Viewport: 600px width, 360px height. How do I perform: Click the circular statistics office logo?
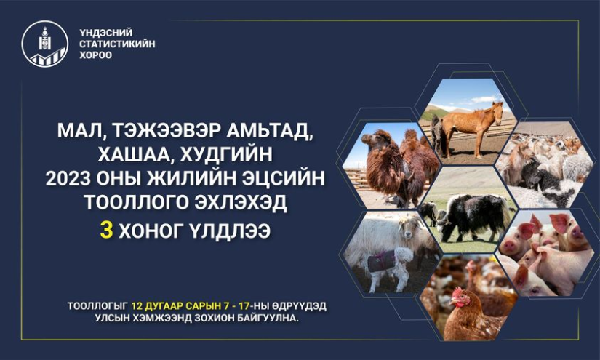point(45,44)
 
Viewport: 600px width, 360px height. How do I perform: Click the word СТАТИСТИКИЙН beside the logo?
point(117,44)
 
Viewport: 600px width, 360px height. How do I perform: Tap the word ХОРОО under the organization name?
point(96,55)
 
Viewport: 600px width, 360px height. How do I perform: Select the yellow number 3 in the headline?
point(106,231)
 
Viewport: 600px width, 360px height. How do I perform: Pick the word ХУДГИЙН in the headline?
point(226,154)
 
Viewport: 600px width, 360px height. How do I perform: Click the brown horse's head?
point(497,112)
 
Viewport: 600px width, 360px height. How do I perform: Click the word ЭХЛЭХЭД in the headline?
point(240,202)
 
